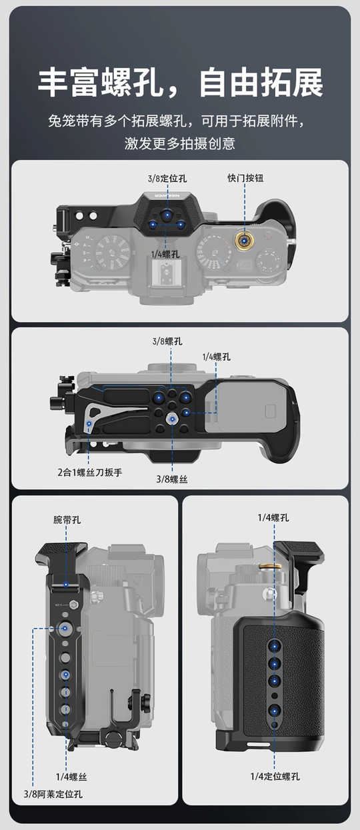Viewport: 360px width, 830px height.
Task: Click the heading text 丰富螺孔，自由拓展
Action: tap(181, 83)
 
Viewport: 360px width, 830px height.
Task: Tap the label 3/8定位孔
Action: tap(167, 179)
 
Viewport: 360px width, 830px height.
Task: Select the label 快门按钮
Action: tap(245, 178)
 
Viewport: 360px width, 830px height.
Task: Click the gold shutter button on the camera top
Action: tap(245, 241)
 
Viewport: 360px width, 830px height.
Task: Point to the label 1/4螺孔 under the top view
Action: tap(165, 254)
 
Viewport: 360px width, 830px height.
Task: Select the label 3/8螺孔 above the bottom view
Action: tap(167, 341)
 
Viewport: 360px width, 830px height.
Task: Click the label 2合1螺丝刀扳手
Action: tap(89, 473)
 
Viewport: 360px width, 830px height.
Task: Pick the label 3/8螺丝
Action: tap(172, 479)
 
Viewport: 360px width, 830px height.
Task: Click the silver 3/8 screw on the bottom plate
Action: tap(172, 419)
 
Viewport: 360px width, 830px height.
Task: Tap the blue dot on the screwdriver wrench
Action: tap(89, 423)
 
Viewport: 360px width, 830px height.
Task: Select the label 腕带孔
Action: tap(67, 520)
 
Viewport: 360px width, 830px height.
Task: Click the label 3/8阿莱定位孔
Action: tap(53, 794)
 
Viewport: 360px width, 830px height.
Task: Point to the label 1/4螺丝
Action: tap(71, 777)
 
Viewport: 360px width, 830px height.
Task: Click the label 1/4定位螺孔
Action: tap(275, 776)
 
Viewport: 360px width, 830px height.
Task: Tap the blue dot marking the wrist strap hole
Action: tap(66, 585)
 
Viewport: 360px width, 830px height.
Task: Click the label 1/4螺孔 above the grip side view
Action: tap(273, 517)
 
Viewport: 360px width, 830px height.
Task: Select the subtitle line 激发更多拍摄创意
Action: tap(180, 143)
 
